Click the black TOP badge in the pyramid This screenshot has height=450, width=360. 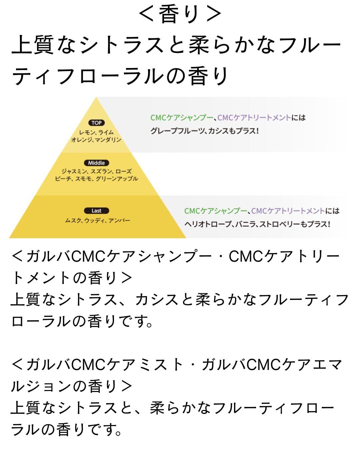(96, 123)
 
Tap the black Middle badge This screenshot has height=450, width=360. (96, 163)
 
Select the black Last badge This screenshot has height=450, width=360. (96, 211)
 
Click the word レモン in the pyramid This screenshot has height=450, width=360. (87, 132)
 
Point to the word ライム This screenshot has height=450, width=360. (106, 132)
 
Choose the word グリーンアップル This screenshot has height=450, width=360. (117, 179)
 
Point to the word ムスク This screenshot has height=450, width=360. (73, 220)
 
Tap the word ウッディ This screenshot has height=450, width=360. (95, 220)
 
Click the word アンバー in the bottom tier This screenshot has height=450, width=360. (119, 220)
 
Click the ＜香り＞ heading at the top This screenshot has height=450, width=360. (180, 14)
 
